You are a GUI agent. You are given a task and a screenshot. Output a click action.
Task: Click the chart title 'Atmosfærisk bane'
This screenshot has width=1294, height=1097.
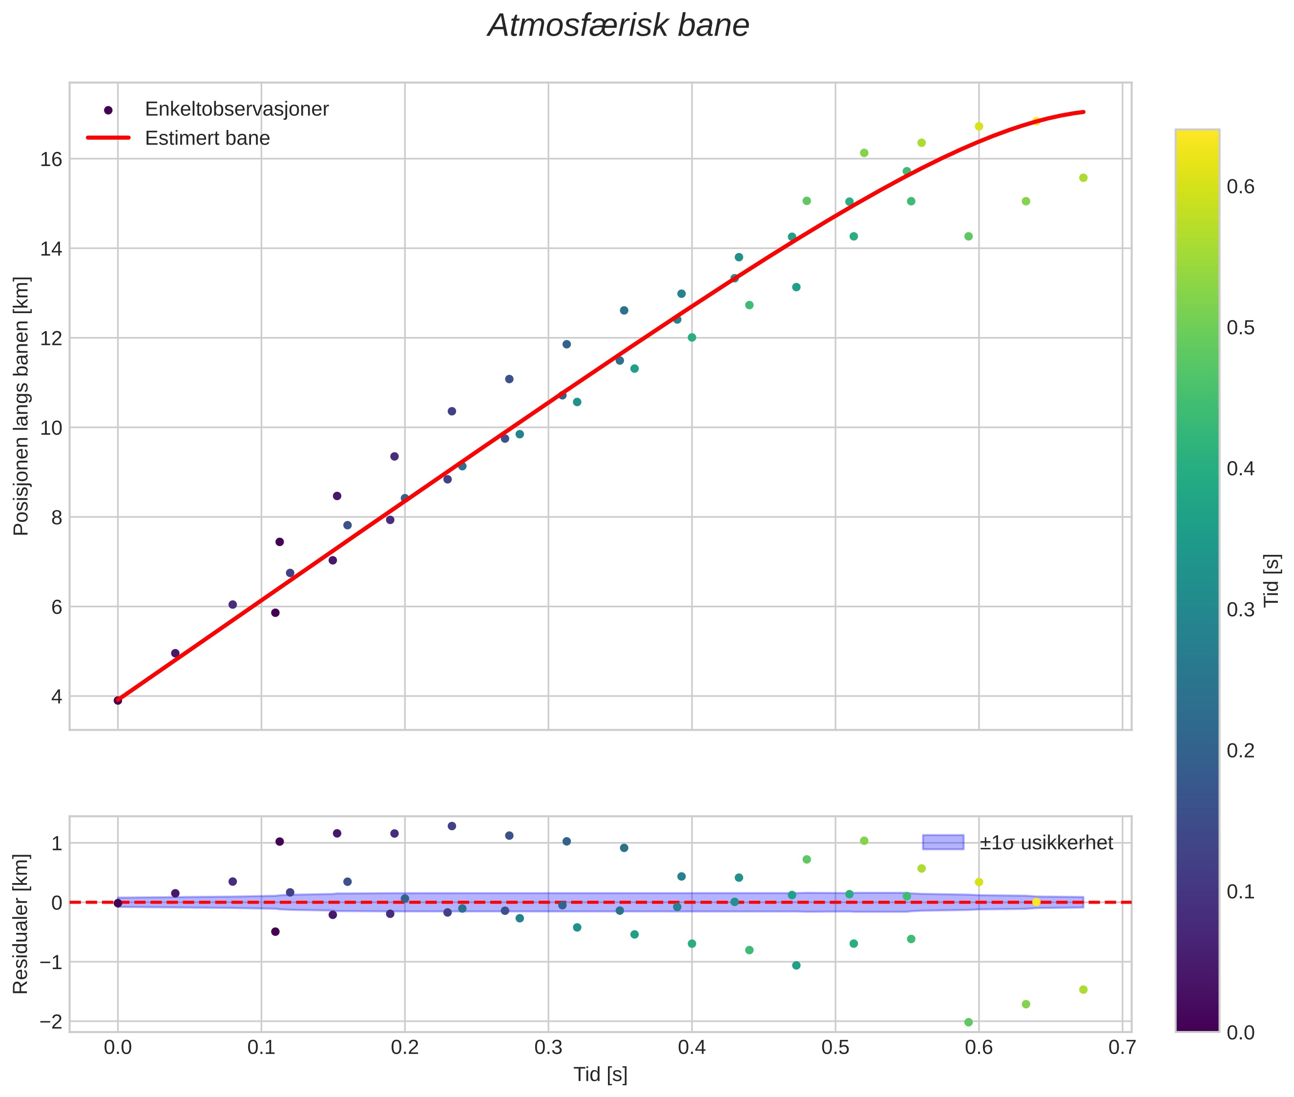pyautogui.click(x=618, y=26)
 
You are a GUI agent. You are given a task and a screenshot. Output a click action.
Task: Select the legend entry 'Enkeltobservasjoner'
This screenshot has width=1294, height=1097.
pyautogui.click(x=236, y=109)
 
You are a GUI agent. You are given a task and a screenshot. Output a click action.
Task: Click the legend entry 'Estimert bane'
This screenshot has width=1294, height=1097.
pyautogui.click(x=207, y=138)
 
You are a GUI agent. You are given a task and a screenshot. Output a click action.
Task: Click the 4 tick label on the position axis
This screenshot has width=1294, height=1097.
pyautogui.click(x=57, y=696)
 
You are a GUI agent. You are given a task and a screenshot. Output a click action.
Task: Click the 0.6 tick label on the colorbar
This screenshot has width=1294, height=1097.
pyautogui.click(x=1240, y=187)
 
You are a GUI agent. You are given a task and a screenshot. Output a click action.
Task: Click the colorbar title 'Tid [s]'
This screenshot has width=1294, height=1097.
pyautogui.click(x=1272, y=580)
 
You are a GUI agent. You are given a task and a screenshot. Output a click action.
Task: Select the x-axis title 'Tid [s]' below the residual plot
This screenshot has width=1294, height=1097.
pyautogui.click(x=600, y=1075)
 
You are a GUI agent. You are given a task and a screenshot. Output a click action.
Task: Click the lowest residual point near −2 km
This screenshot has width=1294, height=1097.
pyautogui.click(x=968, y=1022)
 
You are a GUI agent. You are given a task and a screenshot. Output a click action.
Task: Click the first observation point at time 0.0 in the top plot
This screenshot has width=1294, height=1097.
pyautogui.click(x=118, y=700)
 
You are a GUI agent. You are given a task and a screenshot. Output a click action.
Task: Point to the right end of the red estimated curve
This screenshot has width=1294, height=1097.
pyautogui.click(x=1083, y=112)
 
